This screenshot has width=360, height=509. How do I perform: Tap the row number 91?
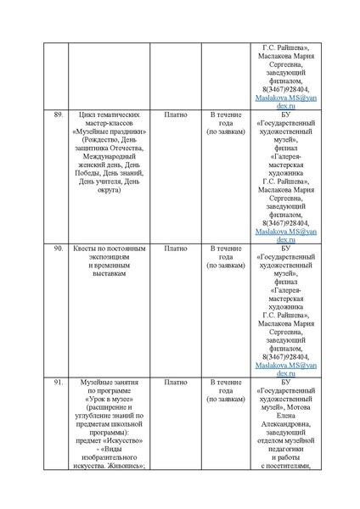(x=59, y=383)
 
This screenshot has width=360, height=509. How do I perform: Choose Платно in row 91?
(x=175, y=383)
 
